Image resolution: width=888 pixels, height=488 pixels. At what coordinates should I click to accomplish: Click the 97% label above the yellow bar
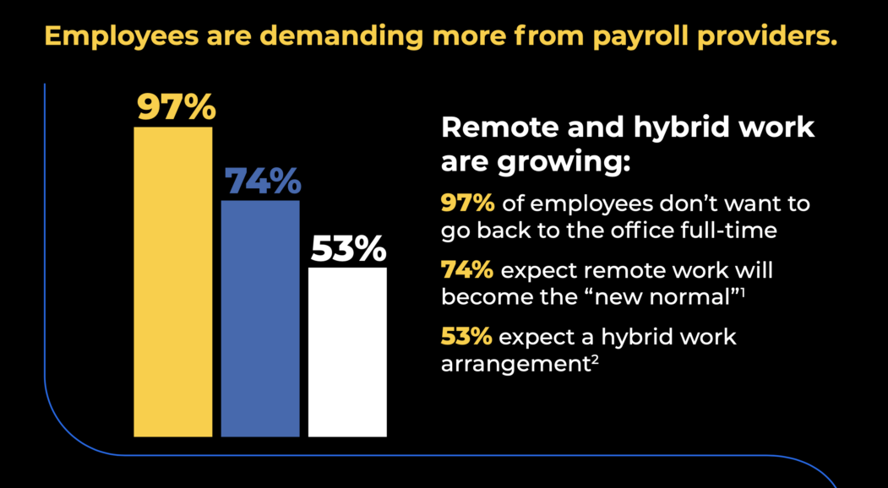click(x=177, y=109)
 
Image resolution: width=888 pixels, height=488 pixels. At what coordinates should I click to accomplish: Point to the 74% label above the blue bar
click(x=262, y=182)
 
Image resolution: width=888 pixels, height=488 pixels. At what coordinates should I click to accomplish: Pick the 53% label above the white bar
click(x=348, y=250)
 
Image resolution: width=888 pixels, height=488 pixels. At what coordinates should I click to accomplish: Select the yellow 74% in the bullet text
click(x=466, y=271)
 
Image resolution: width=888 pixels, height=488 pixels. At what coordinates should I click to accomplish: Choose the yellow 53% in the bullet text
click(x=466, y=337)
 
